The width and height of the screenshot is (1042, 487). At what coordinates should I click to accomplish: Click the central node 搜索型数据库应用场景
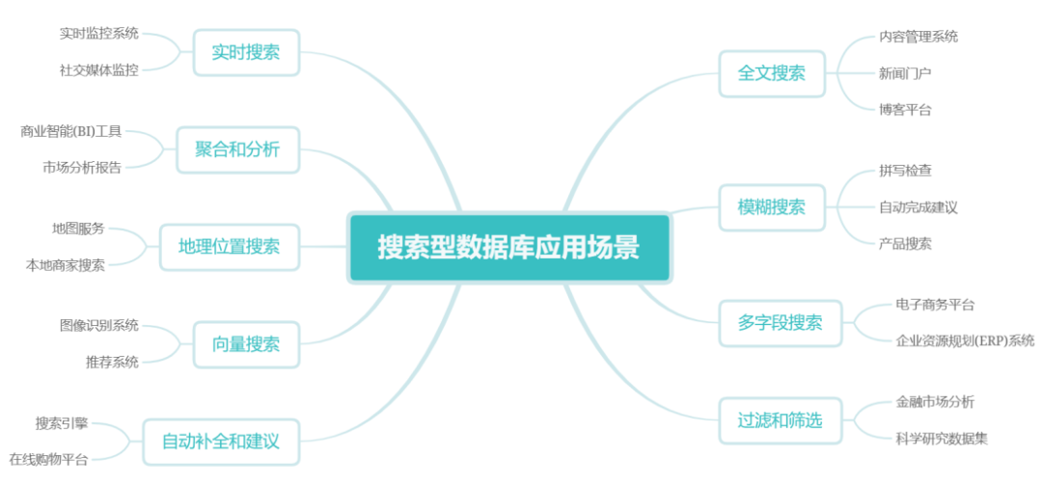pos(508,248)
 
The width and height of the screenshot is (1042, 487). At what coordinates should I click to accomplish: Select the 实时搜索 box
pos(246,52)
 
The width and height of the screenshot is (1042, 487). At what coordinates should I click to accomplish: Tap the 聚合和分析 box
pos(237,149)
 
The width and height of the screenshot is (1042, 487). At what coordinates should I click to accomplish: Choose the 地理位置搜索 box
pos(230,247)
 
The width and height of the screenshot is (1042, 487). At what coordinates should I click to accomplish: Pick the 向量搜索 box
pos(246,344)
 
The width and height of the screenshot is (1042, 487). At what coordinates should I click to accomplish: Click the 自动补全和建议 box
pos(221,442)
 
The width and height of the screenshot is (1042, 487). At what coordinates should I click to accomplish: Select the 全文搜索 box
pos(772,73)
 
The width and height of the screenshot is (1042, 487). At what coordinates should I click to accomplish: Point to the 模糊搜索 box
pos(772,207)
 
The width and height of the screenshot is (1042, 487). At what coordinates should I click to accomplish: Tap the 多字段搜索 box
pos(781,323)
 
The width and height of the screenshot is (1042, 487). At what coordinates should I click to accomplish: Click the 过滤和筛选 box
pos(781,420)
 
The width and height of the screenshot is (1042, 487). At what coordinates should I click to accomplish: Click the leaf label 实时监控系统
pos(99,33)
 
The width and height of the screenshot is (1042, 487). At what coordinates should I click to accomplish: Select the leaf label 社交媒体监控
pos(99,69)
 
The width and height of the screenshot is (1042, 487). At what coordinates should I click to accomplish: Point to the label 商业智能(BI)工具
pos(71,131)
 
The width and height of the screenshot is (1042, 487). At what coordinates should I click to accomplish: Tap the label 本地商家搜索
pos(66,265)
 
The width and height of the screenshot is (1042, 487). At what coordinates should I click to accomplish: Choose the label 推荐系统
pos(112,363)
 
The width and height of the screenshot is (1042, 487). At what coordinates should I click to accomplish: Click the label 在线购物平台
pos(49,460)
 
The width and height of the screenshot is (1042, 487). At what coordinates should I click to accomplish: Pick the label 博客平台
pos(905,109)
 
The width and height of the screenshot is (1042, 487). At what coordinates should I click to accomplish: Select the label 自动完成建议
pos(919,207)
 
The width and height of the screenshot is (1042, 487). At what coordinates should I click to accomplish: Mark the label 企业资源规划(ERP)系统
pos(965,340)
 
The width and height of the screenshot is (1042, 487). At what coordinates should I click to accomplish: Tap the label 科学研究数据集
pos(942,439)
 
